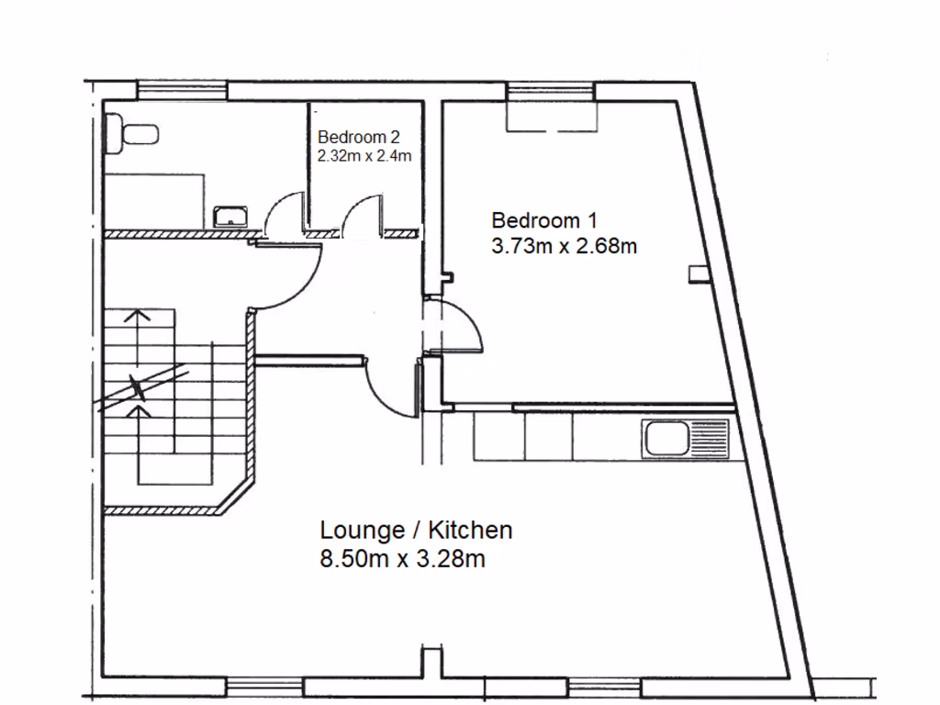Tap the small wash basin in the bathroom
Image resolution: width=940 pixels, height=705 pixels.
pos(229,217)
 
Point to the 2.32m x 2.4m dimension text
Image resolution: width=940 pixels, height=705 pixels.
pos(364,155)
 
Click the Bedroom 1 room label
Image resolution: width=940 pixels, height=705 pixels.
pos(544,220)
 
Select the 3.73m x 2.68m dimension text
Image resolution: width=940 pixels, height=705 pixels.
pos(564,246)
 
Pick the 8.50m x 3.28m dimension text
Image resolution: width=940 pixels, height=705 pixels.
pos(402,559)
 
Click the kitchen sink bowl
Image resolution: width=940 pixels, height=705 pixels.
pos(666,438)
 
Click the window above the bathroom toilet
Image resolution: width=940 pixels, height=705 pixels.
pos(182,89)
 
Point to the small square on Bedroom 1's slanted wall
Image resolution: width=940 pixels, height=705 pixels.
pos(698,273)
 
